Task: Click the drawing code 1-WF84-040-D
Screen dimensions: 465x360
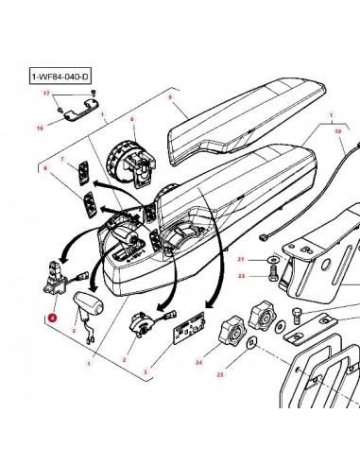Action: click(x=61, y=74)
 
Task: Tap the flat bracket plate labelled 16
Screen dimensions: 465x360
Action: click(x=80, y=116)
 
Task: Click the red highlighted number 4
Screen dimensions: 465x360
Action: click(x=52, y=319)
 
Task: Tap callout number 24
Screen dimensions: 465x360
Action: click(x=199, y=360)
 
